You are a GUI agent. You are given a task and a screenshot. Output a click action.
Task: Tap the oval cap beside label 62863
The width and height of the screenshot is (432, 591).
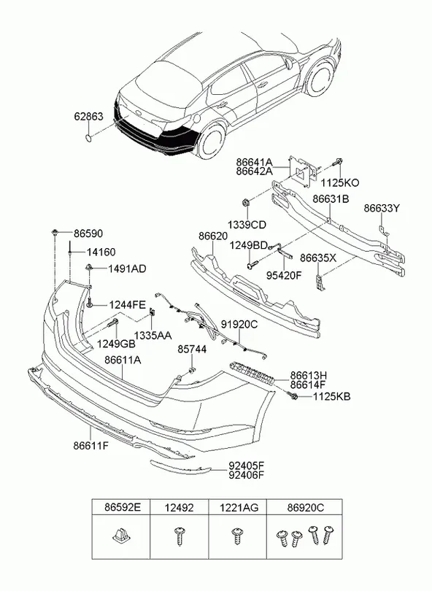(x=88, y=135)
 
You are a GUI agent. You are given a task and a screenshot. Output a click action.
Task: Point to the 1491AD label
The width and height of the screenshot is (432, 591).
(x=127, y=269)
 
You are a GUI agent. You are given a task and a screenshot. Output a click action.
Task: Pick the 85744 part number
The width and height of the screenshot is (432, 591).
(x=193, y=349)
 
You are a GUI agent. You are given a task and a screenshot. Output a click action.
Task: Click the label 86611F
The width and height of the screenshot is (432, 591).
(x=91, y=445)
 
